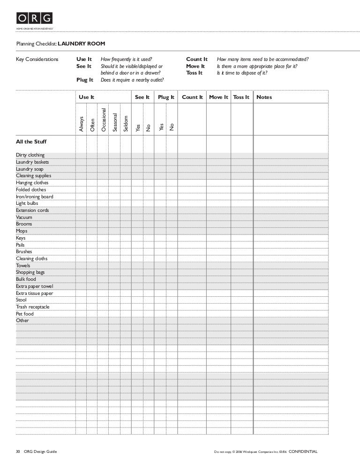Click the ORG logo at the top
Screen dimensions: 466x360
click(x=35, y=18)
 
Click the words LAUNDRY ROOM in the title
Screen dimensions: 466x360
click(x=82, y=44)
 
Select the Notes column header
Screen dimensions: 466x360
click(x=264, y=97)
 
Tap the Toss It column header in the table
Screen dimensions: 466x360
click(x=241, y=97)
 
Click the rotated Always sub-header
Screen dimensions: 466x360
click(x=81, y=123)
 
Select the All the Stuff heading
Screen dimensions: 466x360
click(x=31, y=142)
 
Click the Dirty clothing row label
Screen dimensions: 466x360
click(x=30, y=155)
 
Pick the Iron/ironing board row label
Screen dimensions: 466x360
click(x=34, y=197)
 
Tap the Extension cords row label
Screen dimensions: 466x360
click(x=32, y=210)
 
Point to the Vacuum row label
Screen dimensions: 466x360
click(x=24, y=218)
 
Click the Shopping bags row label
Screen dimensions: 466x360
click(x=30, y=272)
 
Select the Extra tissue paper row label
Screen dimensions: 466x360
click(x=34, y=293)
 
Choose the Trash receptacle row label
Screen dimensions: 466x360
click(x=32, y=307)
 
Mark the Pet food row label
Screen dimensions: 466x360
click(x=25, y=314)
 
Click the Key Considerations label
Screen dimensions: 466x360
click(x=37, y=59)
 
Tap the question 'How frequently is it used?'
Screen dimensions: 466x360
click(x=127, y=59)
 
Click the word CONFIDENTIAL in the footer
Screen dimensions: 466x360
click(x=303, y=451)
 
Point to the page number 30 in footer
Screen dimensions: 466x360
click(x=18, y=451)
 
